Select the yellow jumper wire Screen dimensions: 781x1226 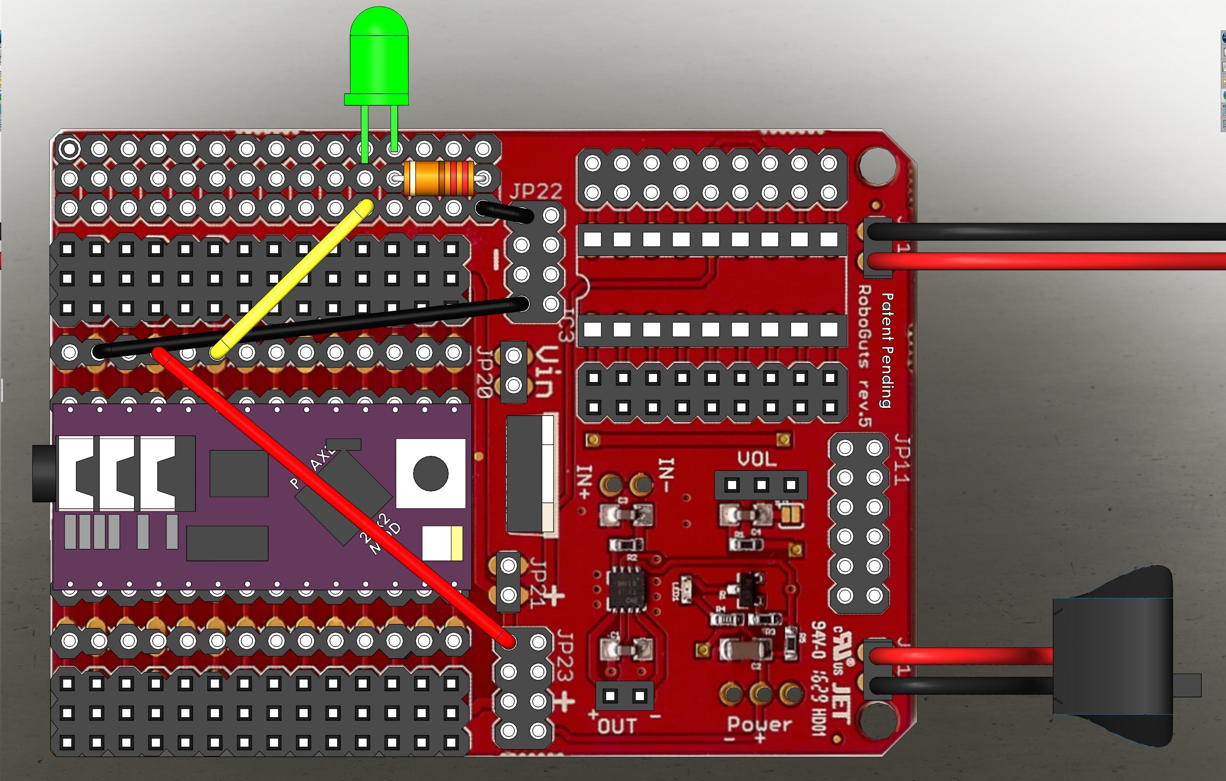(290, 280)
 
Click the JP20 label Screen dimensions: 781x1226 (485, 372)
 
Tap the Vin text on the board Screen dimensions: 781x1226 (545, 372)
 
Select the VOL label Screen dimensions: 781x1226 (757, 460)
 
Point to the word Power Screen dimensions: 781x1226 (759, 724)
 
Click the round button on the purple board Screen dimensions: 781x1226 (431, 474)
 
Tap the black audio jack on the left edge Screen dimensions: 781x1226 (43, 474)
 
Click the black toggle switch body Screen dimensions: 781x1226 (1113, 657)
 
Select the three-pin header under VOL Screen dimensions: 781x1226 (761, 485)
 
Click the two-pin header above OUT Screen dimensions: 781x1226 (625, 695)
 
